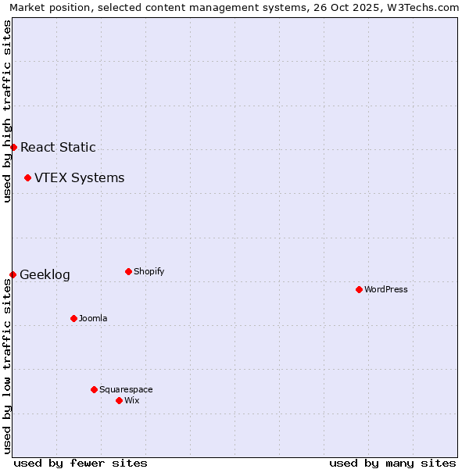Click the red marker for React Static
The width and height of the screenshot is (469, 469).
(x=13, y=147)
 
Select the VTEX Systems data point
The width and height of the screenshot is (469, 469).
(x=27, y=178)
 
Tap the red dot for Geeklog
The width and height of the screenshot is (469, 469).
(x=13, y=274)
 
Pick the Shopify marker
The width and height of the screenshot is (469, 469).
(x=128, y=271)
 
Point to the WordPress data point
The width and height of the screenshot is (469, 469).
(x=359, y=289)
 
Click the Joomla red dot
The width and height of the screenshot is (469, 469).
(x=73, y=318)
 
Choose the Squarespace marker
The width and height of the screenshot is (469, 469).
(x=94, y=389)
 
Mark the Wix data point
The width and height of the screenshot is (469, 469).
(x=119, y=400)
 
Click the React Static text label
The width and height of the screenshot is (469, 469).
(x=58, y=147)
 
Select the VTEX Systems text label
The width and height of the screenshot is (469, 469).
(x=79, y=178)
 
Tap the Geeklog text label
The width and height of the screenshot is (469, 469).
(x=45, y=274)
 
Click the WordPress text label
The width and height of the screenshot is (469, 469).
(x=386, y=289)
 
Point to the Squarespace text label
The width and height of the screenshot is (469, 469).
(x=126, y=389)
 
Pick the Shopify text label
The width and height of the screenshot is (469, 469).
(x=149, y=271)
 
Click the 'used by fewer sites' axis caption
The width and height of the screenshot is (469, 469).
(x=81, y=463)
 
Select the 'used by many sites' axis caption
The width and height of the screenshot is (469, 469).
(x=392, y=463)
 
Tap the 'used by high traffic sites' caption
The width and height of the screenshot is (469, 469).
(x=7, y=111)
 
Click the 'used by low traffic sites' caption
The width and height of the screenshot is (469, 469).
(x=7, y=366)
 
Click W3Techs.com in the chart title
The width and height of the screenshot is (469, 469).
(x=423, y=7)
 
